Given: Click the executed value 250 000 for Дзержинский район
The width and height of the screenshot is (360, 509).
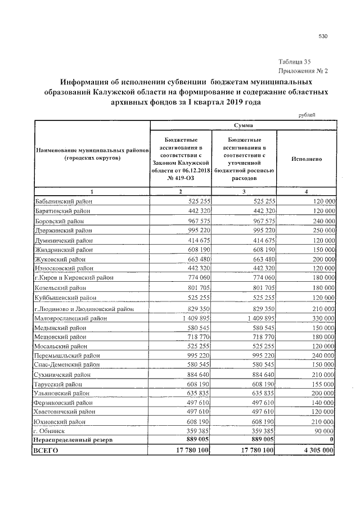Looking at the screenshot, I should [322, 230].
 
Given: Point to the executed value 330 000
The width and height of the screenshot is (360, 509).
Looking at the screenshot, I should [322, 318].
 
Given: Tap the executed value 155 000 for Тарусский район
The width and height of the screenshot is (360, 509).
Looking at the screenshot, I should [322, 384].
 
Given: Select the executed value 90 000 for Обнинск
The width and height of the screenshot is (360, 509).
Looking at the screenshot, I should [324, 430].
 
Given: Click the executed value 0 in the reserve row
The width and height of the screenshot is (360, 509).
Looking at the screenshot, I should [333, 439].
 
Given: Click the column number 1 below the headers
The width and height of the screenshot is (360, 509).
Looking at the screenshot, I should [92, 192].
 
